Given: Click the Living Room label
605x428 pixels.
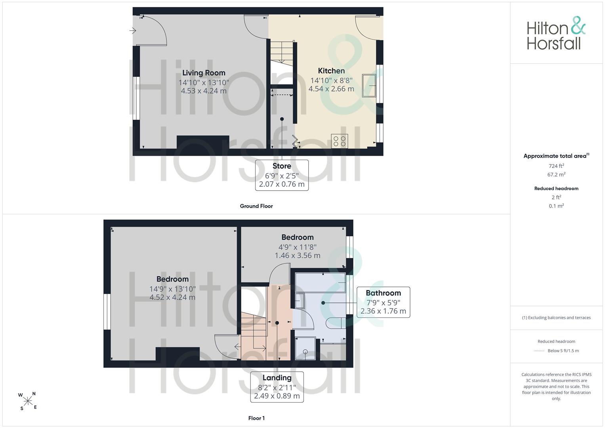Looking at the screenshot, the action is coord(204,73).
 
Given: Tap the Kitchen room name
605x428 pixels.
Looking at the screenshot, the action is coord(331,71).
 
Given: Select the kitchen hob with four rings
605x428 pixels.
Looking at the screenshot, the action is coord(340,141).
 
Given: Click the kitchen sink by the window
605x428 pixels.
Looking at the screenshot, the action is coord(369,86).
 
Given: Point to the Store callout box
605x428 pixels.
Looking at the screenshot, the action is coord(282,175).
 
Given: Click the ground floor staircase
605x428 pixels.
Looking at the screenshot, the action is coord(282,53).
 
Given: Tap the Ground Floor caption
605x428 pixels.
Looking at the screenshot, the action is coord(256,206).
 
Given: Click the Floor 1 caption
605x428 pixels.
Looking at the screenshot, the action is coord(256,418).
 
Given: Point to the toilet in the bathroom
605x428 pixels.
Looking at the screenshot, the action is coord(336,323).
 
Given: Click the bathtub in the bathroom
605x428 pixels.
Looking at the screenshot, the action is coord(320,283).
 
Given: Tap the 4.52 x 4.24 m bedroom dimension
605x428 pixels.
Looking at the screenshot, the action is coord(172,298).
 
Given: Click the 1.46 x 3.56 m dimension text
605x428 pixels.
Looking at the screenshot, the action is coord(298,256).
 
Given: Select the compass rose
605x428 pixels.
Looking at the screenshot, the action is coord(28,401).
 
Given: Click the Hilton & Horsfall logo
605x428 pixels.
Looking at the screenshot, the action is coord(556,33).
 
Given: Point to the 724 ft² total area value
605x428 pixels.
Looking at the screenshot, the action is coord(556,166).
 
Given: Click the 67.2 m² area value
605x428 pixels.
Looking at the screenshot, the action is coord(556,174).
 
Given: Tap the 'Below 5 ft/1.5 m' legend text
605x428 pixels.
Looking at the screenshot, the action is coord(563,351).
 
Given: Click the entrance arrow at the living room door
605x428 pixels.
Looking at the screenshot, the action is coord(132,31).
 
